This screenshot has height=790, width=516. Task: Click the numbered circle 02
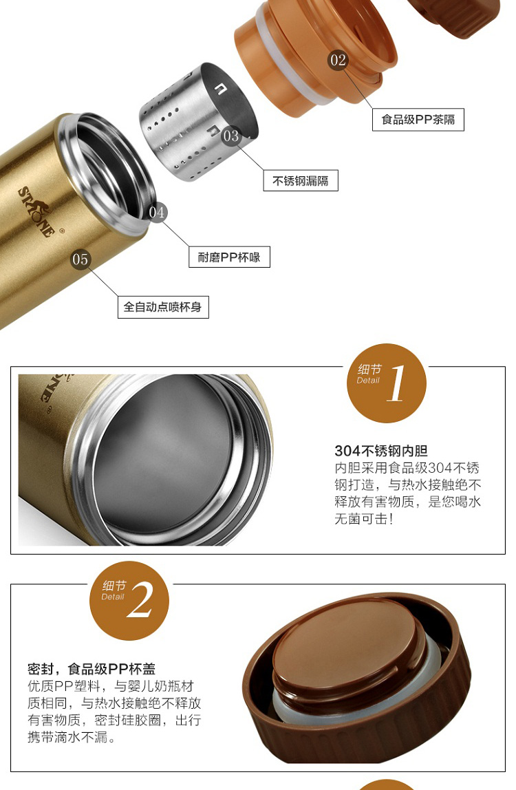coord(338,61)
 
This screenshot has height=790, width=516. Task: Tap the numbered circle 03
coord(231,136)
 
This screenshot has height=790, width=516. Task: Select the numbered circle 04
coord(157,212)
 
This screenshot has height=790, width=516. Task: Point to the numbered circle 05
coord(80,259)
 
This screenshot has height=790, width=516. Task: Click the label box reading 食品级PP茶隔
coord(418,120)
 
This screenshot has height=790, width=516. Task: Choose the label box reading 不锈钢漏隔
coord(301,181)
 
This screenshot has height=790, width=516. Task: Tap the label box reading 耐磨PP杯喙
coord(229,257)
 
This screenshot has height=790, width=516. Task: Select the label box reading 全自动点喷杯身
coord(163,307)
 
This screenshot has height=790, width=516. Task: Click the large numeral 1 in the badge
coord(396,383)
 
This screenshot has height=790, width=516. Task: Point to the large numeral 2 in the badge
coord(140,599)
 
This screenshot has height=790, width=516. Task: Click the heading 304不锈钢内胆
coord(381,451)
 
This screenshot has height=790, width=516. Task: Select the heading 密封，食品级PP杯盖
coord(92,669)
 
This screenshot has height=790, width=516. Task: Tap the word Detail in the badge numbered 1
coord(368,381)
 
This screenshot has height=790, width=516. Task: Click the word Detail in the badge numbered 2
coord(113,597)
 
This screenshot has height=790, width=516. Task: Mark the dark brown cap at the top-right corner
coord(453,18)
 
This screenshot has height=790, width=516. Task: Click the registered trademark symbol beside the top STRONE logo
coord(62,231)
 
